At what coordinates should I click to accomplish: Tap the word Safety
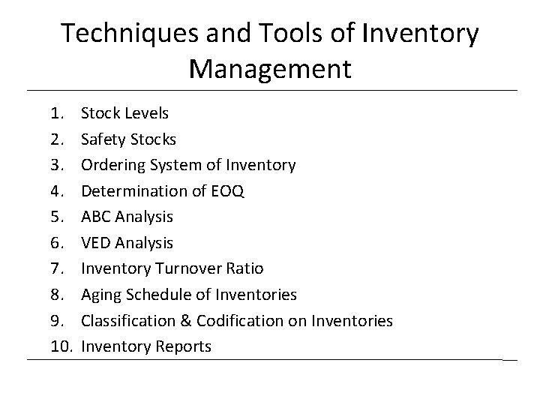tap(103, 139)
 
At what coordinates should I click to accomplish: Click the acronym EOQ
tap(227, 191)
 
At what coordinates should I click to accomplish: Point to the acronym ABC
tap(96, 217)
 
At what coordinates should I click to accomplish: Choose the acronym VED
tap(96, 243)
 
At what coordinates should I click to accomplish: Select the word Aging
tap(100, 295)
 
